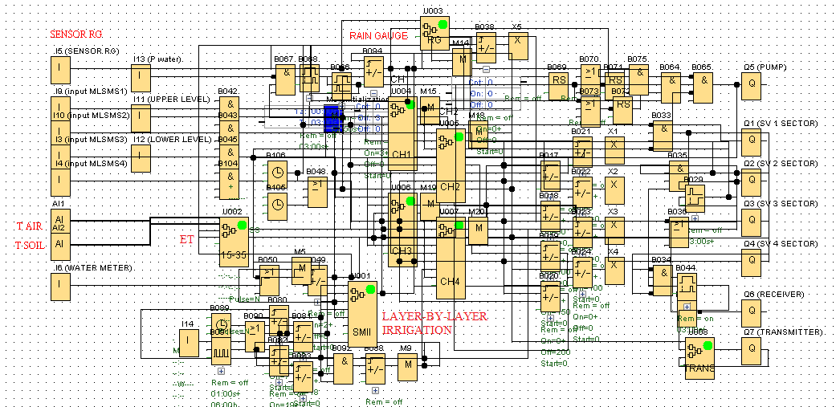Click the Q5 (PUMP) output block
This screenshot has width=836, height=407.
point(752,86)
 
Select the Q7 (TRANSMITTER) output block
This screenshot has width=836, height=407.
point(752,348)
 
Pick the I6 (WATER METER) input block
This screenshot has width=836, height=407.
point(60,284)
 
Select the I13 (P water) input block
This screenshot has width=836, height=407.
point(141,78)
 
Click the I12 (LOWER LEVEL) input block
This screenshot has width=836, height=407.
point(141,158)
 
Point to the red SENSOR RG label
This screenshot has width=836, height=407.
point(76,35)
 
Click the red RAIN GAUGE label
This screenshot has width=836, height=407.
point(378,35)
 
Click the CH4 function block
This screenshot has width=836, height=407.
point(451,261)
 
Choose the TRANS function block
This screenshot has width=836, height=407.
point(699,358)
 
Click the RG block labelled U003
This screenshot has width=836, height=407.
point(434,35)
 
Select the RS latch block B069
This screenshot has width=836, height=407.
point(558,82)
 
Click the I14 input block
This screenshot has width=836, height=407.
point(188,344)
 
